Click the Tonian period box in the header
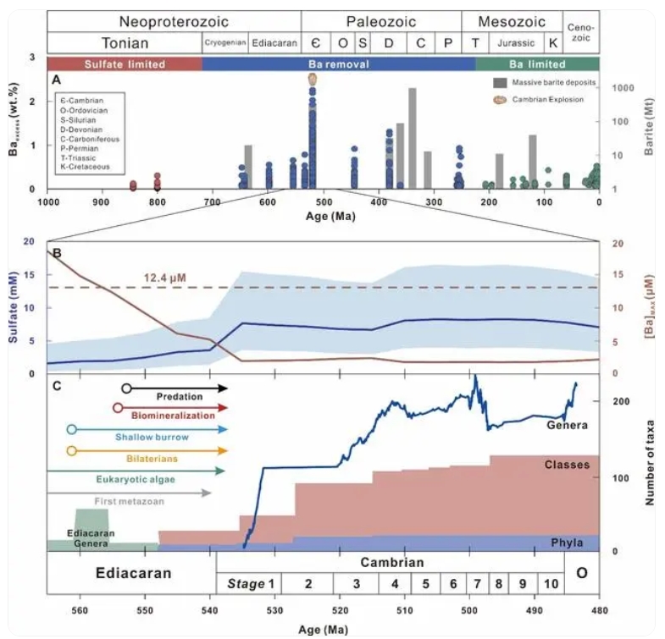click(x=124, y=43)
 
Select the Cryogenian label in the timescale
click(x=224, y=43)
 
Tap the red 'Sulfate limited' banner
click(x=124, y=63)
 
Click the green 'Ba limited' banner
click(x=537, y=63)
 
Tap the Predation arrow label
click(x=179, y=395)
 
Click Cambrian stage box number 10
click(x=551, y=583)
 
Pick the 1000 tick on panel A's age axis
click(x=47, y=201)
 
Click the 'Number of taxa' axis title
click(x=651, y=465)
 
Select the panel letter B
click(x=56, y=251)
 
